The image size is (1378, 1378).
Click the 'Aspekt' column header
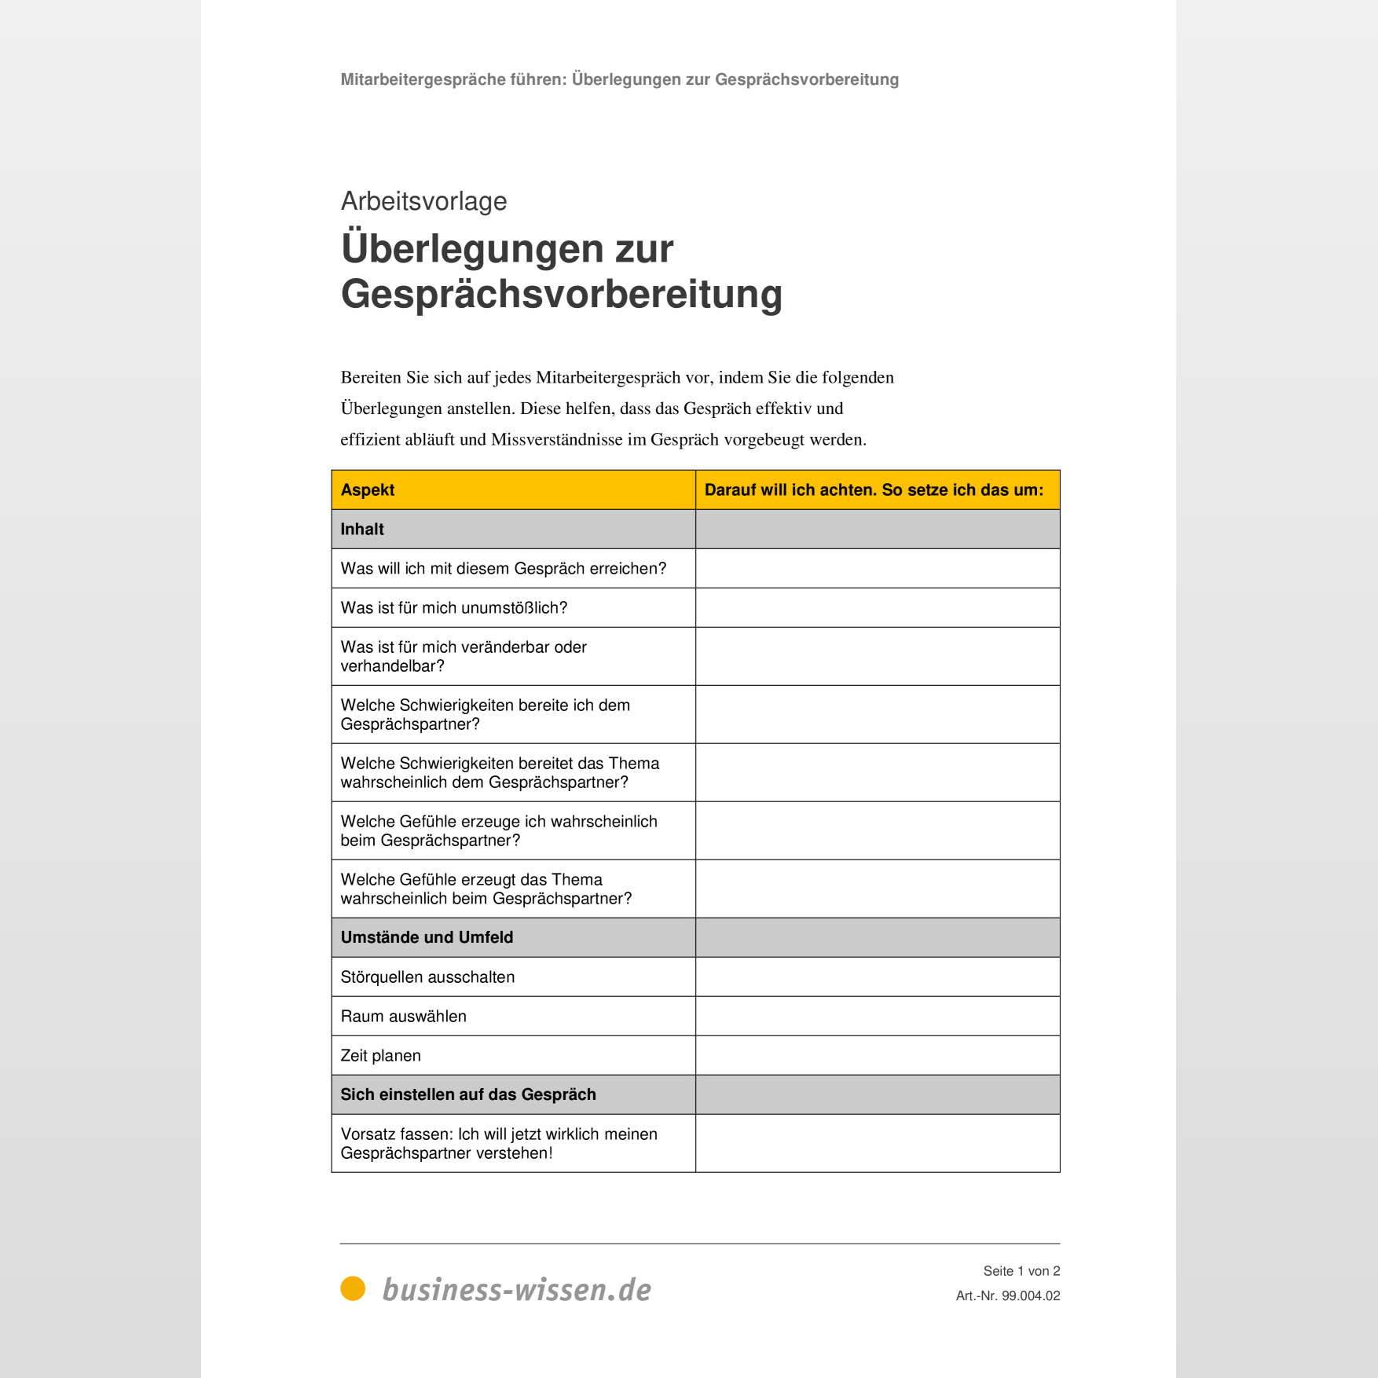(368, 489)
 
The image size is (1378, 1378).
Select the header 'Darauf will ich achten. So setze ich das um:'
(874, 489)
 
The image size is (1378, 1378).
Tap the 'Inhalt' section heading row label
(362, 529)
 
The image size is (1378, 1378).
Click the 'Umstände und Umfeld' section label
(427, 937)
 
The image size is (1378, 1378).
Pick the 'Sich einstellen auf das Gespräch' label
(468, 1094)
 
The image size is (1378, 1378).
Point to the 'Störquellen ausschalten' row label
(427, 977)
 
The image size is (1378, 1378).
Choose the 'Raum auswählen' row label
(403, 1016)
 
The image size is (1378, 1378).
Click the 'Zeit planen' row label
(380, 1055)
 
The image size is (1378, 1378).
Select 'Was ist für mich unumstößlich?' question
(453, 607)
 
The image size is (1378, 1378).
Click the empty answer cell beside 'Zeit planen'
(877, 1055)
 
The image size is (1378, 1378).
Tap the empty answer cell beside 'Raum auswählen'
(877, 1016)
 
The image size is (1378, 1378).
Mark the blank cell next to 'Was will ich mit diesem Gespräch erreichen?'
(877, 568)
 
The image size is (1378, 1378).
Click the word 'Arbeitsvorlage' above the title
(423, 201)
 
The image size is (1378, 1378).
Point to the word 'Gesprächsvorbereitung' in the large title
(561, 294)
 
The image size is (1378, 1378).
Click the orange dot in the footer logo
(353, 1288)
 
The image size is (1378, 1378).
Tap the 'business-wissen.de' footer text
(516, 1289)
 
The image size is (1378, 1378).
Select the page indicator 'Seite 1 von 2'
(1021, 1270)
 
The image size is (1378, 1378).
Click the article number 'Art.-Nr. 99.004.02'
(1007, 1296)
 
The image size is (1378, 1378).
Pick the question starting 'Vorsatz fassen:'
(498, 1143)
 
